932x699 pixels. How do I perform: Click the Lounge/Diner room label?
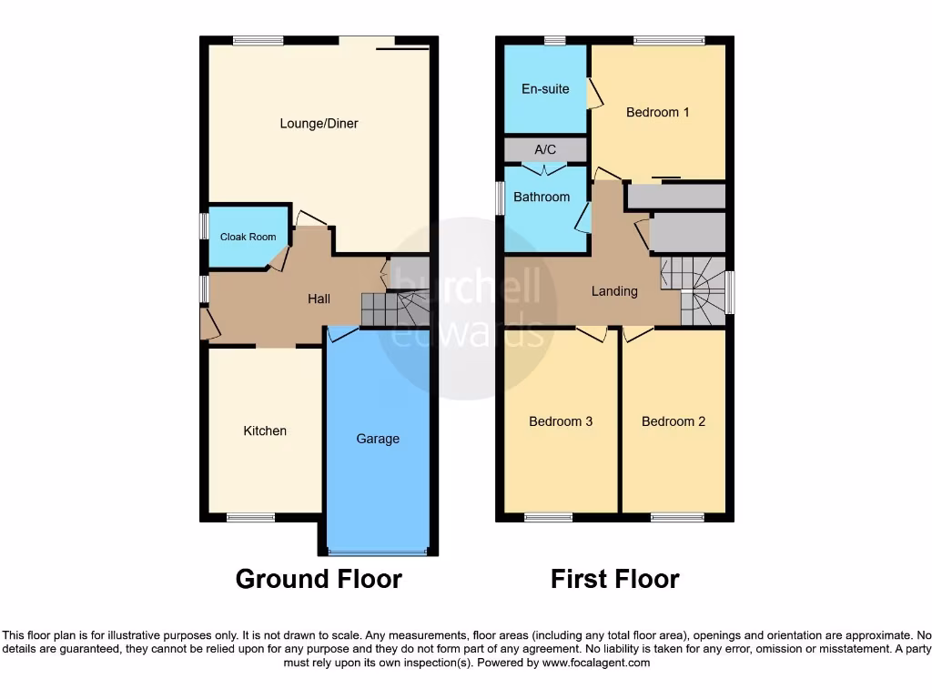[319, 124]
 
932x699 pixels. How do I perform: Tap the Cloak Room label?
[248, 238]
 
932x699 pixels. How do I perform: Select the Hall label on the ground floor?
[319, 299]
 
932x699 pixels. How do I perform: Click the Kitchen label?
[265, 431]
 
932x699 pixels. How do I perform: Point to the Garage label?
[378, 439]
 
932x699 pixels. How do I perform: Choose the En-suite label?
[545, 89]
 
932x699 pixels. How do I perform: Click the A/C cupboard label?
[545, 149]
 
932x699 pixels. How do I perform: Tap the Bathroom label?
[542, 197]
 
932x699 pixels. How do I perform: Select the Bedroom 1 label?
[658, 113]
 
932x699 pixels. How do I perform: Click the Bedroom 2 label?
[674, 421]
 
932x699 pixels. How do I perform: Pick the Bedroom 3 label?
[562, 421]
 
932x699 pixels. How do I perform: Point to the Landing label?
[614, 291]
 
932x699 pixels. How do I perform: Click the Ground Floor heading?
[319, 579]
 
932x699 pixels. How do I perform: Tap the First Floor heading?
[614, 579]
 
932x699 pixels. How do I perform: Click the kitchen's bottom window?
[250, 518]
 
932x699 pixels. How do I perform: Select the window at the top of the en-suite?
[554, 40]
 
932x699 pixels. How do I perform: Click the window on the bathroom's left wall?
[500, 198]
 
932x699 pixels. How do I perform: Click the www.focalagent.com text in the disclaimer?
[597, 664]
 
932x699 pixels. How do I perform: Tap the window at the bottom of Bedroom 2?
[677, 518]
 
